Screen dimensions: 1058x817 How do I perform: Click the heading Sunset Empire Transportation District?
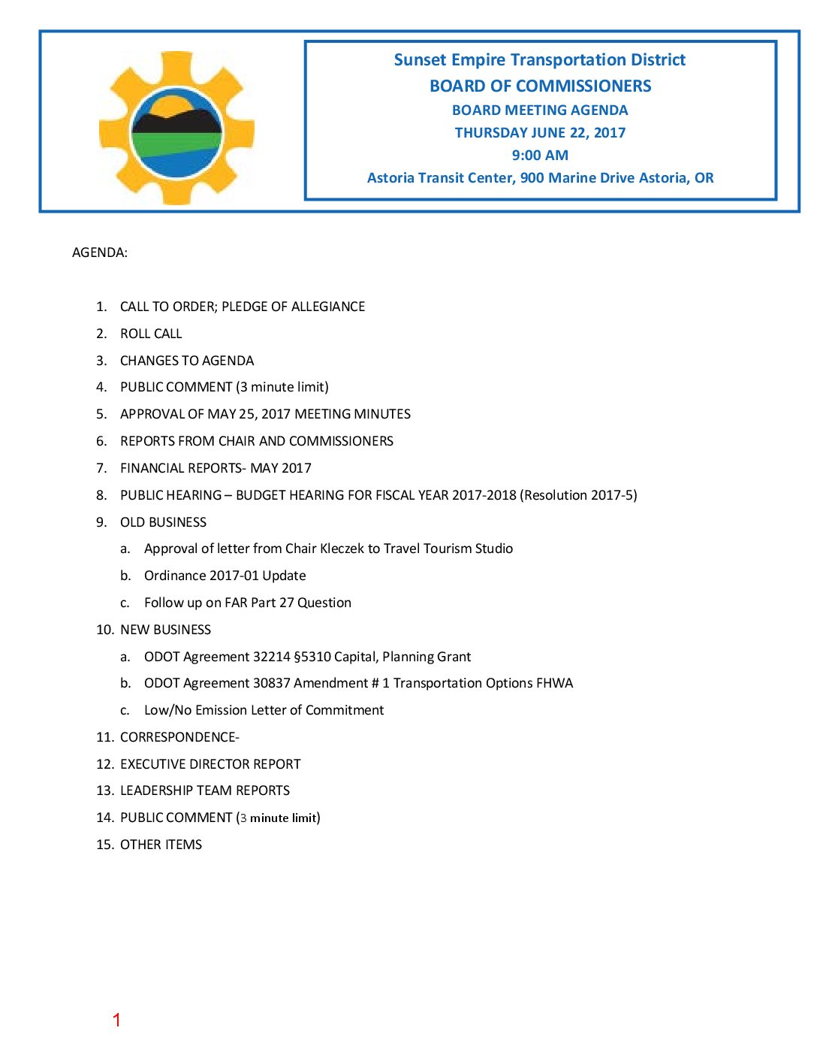[x=539, y=60]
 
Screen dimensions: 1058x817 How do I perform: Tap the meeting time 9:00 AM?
[x=540, y=156]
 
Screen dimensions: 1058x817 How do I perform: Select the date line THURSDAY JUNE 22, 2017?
[x=540, y=133]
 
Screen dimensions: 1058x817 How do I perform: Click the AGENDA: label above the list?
[x=100, y=252]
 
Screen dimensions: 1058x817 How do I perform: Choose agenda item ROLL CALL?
[x=151, y=334]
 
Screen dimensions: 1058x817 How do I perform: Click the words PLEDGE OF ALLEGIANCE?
[x=293, y=307]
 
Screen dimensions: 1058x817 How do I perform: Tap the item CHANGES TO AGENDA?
[x=187, y=361]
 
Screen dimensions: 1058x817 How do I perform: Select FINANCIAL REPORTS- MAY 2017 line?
[x=216, y=468]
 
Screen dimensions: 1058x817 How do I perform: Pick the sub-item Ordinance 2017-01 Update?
[x=225, y=576]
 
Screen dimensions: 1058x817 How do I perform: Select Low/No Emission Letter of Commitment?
[x=264, y=710]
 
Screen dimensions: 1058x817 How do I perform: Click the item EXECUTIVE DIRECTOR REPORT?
[x=210, y=764]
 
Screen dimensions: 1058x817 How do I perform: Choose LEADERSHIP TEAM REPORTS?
[x=205, y=790]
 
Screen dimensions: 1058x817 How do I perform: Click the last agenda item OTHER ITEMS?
[x=161, y=845]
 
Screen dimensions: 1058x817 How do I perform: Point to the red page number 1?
[x=116, y=1020]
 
